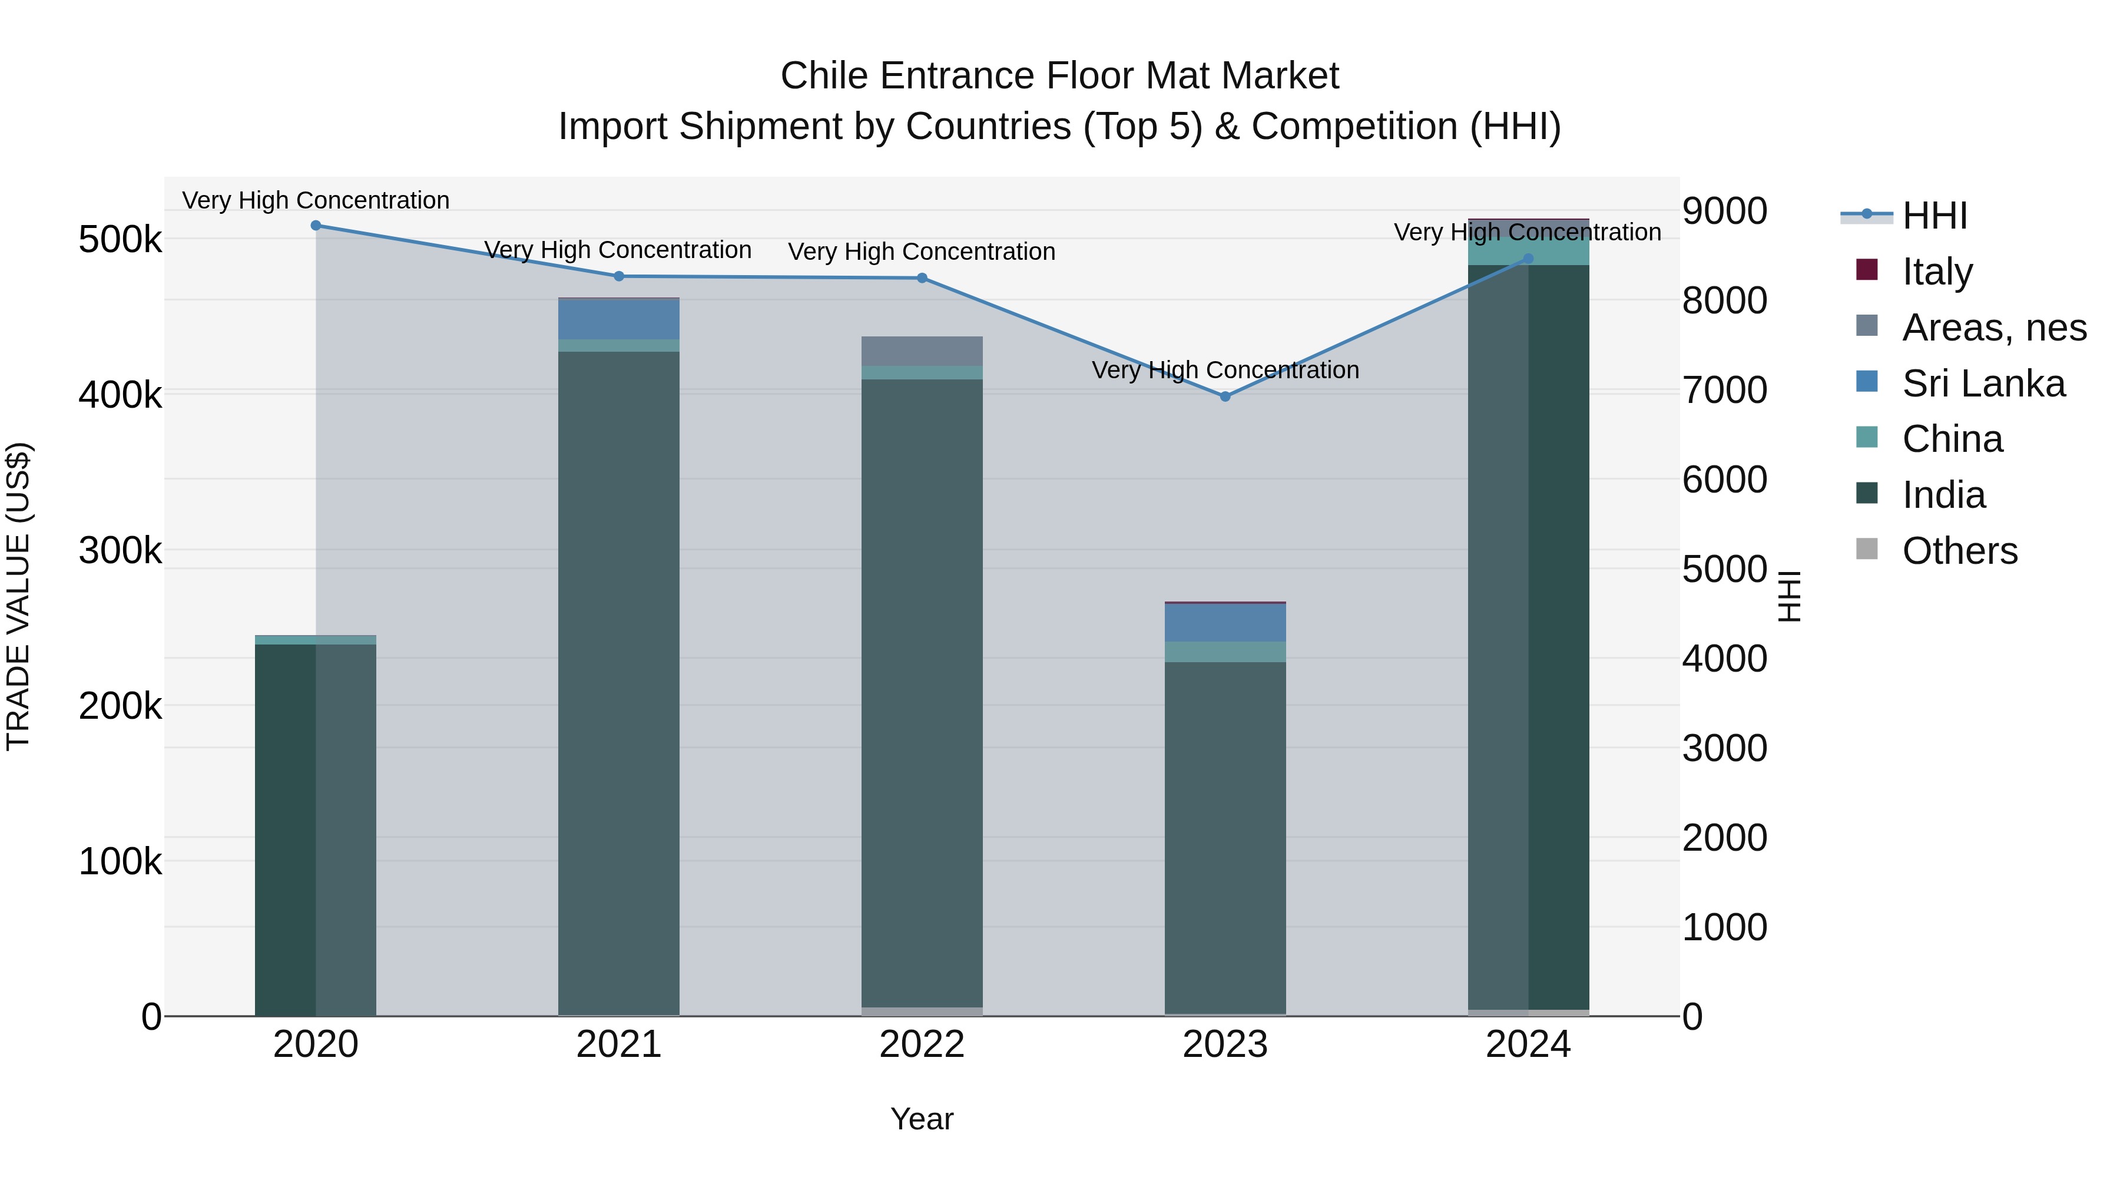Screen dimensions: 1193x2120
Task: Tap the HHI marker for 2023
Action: tap(1225, 396)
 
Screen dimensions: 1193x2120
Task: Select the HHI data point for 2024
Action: tap(1528, 259)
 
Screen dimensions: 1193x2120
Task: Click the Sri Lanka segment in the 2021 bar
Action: tap(619, 319)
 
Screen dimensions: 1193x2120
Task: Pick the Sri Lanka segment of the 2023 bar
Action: tap(1225, 623)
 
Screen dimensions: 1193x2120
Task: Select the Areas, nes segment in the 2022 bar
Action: tap(922, 351)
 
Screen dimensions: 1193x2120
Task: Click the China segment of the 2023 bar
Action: tap(1225, 651)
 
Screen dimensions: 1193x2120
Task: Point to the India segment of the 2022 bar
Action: tap(922, 692)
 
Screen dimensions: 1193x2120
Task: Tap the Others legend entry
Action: tap(1959, 551)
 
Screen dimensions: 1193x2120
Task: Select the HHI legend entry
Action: tap(1934, 216)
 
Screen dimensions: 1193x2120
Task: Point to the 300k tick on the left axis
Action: tap(120, 550)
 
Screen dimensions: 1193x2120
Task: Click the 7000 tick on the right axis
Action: tap(1724, 389)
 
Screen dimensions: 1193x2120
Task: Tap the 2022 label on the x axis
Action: tap(922, 1045)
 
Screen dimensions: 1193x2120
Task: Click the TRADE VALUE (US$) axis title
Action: tap(18, 596)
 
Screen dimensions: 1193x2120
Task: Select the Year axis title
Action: tap(922, 1119)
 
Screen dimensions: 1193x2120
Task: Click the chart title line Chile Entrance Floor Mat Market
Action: tap(1059, 76)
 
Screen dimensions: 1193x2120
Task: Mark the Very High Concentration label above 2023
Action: tap(1225, 369)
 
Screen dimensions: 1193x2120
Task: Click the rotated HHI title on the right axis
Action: tap(1788, 596)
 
